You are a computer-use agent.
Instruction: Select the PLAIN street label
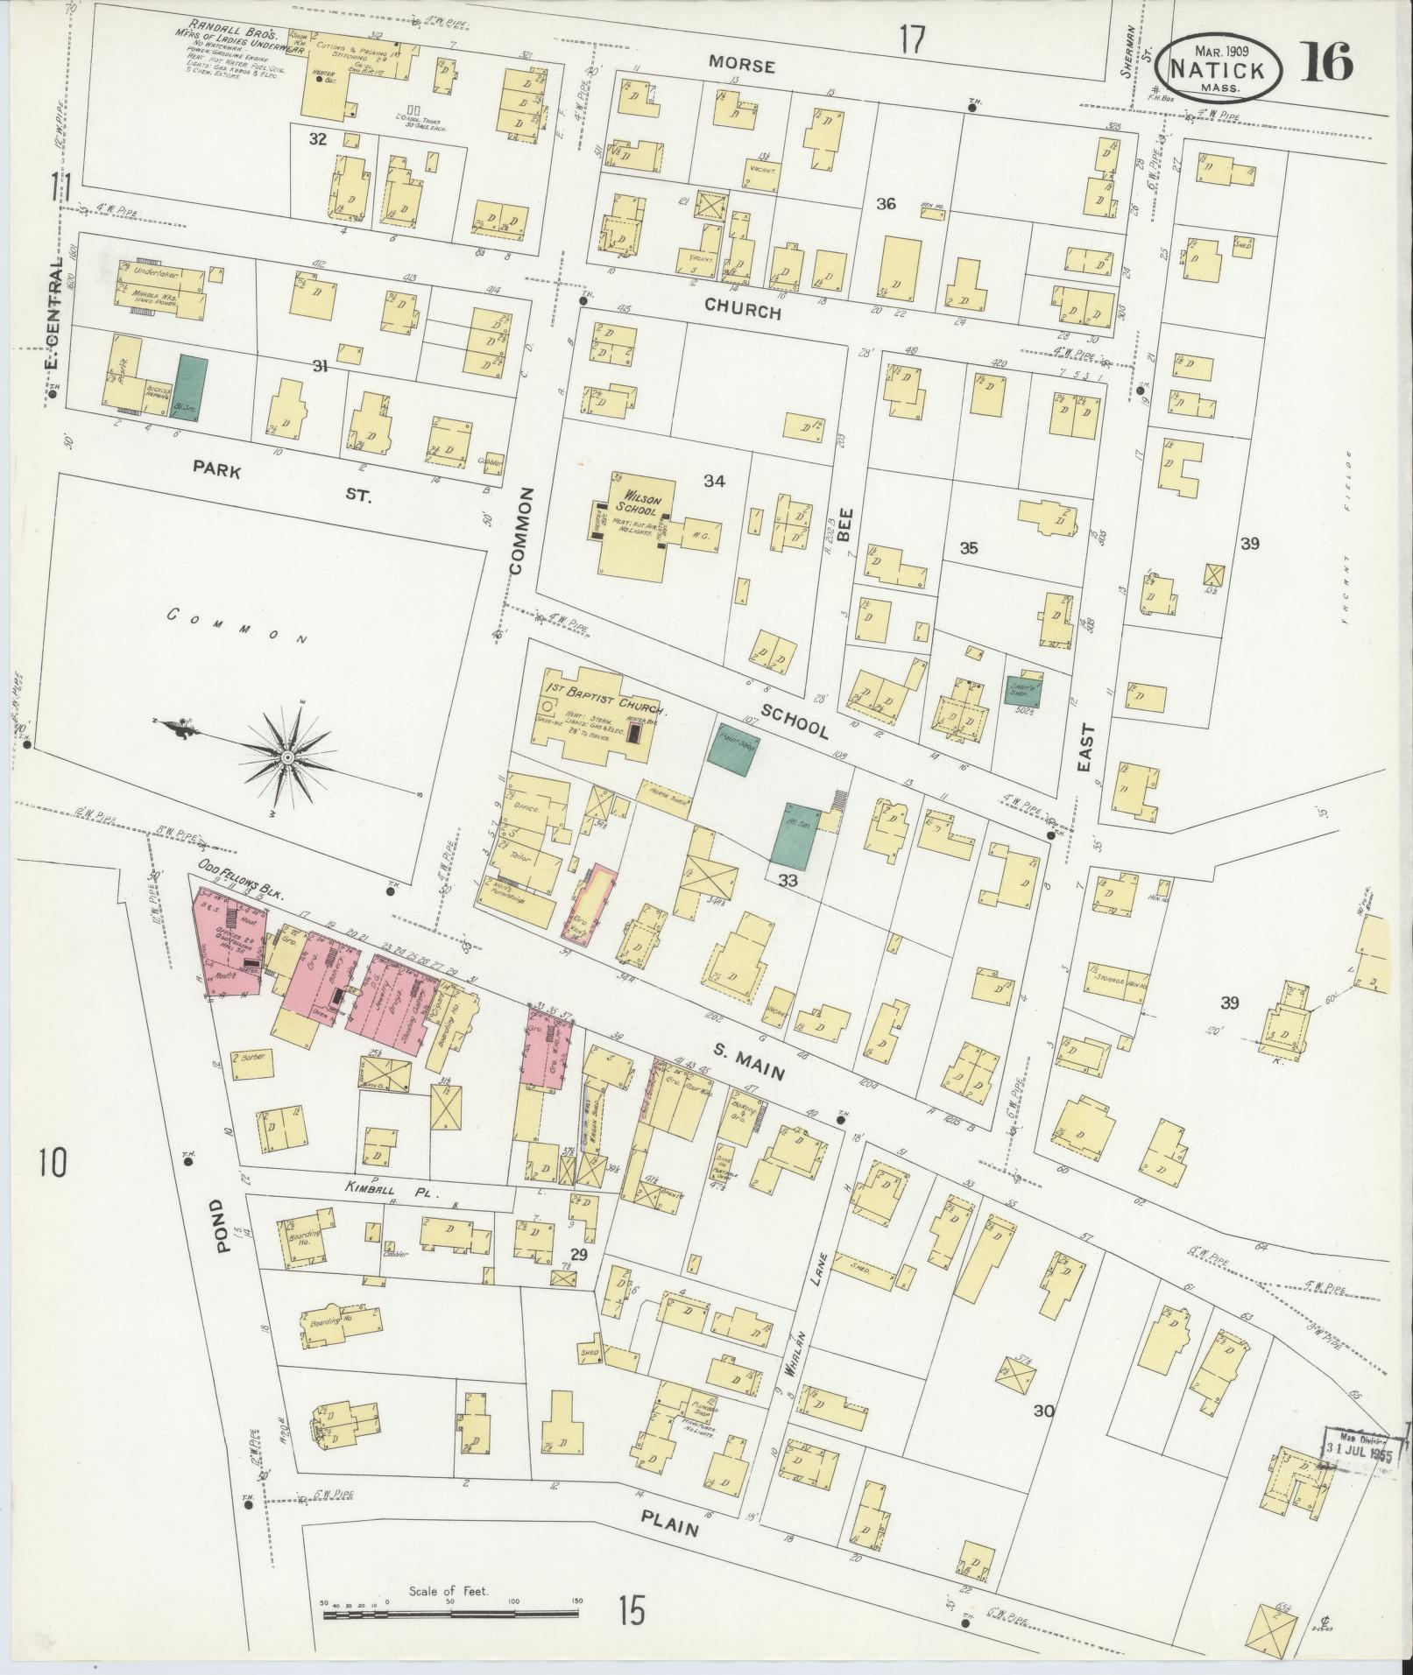pos(668,1522)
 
